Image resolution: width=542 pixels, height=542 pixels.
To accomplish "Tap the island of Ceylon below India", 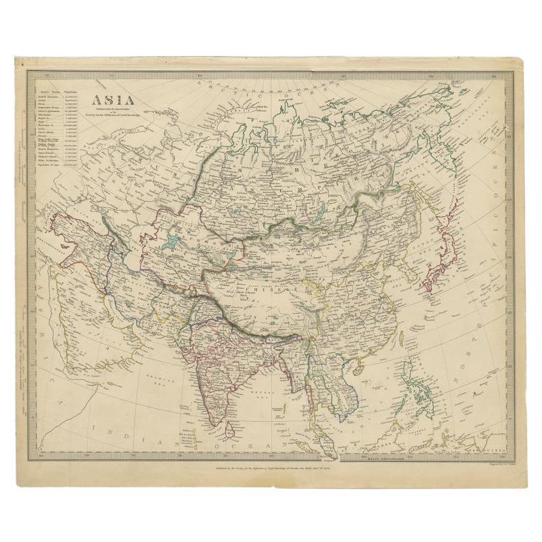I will (x=228, y=425).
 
